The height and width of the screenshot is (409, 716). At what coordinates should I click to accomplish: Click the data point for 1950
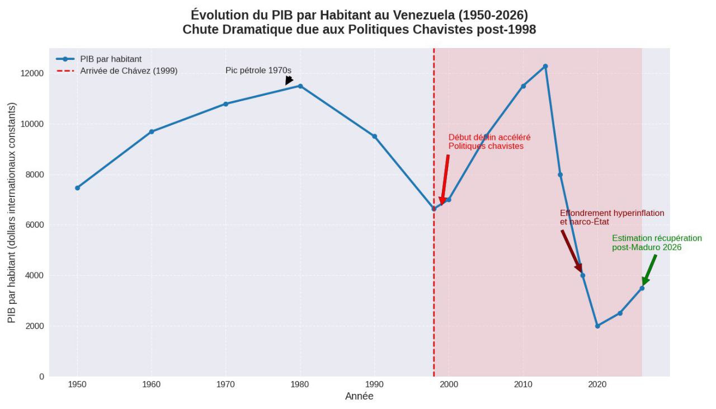[77, 188]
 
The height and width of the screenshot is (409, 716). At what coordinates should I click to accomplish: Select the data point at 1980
[300, 86]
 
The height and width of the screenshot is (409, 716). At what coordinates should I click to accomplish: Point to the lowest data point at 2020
[597, 326]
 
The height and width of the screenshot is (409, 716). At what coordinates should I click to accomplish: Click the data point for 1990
[374, 137]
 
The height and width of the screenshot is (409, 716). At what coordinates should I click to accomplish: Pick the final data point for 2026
[642, 288]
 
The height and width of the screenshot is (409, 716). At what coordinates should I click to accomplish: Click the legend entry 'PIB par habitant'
[111, 59]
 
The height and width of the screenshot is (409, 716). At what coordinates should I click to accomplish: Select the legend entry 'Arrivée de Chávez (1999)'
[129, 71]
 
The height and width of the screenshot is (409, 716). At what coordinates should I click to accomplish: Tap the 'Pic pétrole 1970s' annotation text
[258, 70]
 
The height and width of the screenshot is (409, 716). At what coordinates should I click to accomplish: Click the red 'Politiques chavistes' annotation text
[486, 146]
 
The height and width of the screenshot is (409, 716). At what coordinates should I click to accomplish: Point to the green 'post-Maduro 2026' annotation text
[647, 247]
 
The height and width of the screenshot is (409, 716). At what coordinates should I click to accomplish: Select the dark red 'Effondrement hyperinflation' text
[612, 213]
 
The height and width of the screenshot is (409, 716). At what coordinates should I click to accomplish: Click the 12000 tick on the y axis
[33, 74]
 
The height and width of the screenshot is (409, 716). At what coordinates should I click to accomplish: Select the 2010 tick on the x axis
[523, 384]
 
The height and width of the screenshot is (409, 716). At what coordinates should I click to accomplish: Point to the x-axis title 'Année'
[359, 397]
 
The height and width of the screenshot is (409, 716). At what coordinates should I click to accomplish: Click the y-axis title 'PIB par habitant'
[12, 213]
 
